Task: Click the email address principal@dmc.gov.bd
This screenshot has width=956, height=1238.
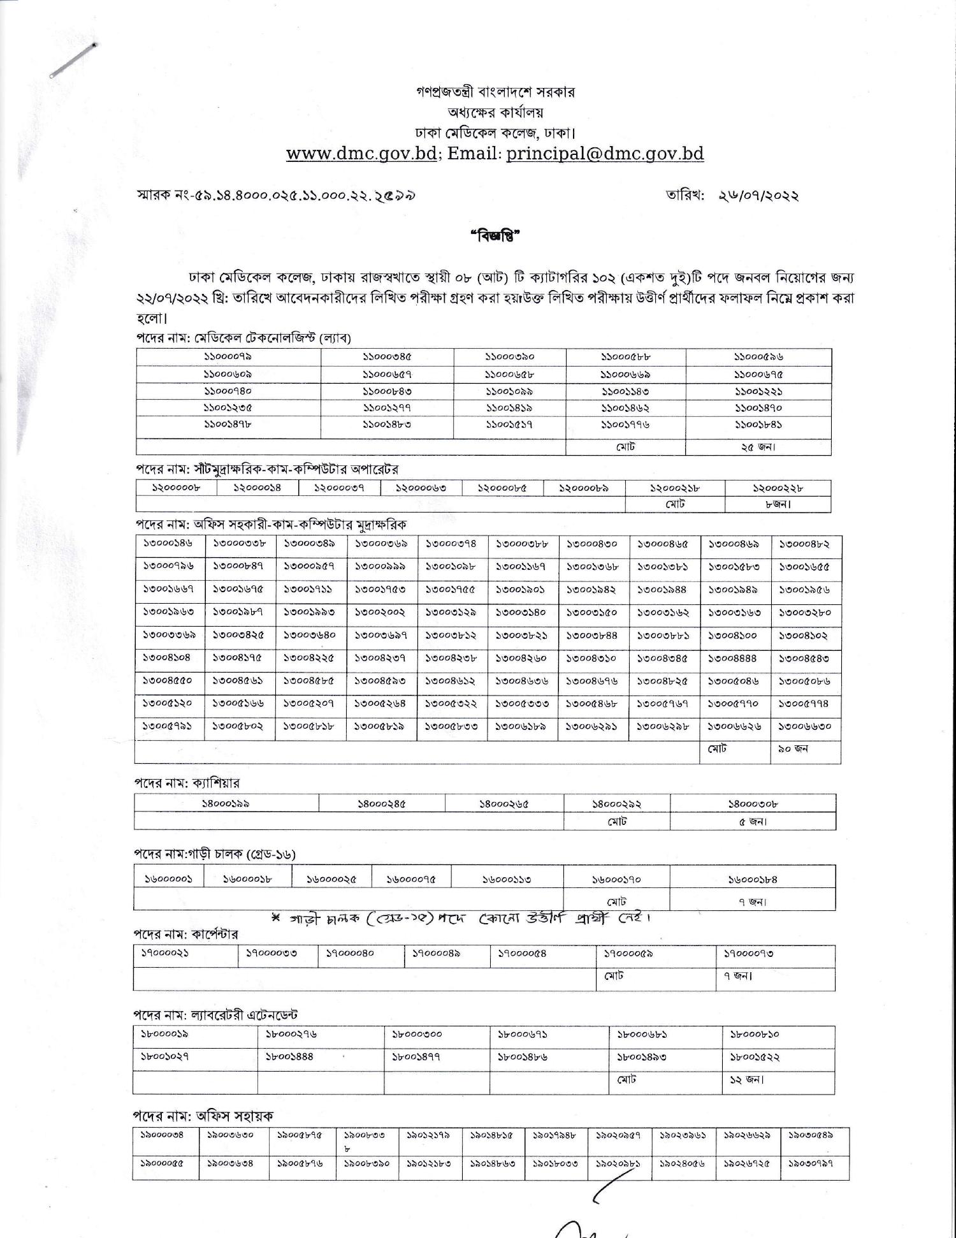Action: (x=605, y=154)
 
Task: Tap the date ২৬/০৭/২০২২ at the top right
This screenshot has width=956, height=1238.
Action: (x=758, y=196)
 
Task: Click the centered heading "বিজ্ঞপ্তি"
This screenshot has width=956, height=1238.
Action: (x=495, y=236)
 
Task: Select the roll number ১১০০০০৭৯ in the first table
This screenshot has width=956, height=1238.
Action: (x=228, y=357)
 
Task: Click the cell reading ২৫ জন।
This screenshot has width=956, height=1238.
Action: (x=758, y=447)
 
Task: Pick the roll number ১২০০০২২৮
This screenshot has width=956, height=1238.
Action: (x=777, y=488)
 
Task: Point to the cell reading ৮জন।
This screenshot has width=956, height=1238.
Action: (x=778, y=504)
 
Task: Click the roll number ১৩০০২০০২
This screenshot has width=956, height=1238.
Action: (x=380, y=612)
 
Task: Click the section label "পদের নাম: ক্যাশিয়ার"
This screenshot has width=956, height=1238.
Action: (x=187, y=783)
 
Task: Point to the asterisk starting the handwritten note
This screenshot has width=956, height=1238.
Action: (x=276, y=919)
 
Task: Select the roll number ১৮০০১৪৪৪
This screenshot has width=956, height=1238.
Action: (x=289, y=1056)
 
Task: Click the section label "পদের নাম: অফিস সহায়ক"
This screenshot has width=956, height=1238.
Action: (x=203, y=1116)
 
